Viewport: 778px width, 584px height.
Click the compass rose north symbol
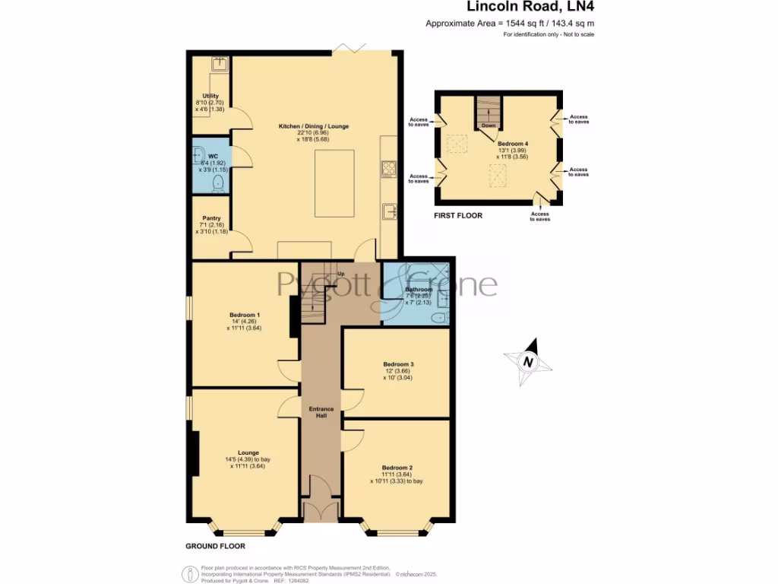pyautogui.click(x=526, y=361)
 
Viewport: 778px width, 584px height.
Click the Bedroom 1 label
pyautogui.click(x=245, y=315)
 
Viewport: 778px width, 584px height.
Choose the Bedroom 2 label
pyautogui.click(x=397, y=468)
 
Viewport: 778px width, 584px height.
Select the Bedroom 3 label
pyautogui.click(x=397, y=364)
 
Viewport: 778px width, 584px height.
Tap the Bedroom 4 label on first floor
pyautogui.click(x=512, y=143)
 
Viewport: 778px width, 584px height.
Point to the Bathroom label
pyautogui.click(x=419, y=290)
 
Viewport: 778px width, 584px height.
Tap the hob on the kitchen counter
pyautogui.click(x=388, y=168)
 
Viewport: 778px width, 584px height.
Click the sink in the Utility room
pyautogui.click(x=220, y=65)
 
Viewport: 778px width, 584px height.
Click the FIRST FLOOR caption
pyautogui.click(x=457, y=216)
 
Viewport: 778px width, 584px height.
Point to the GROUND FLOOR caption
pyautogui.click(x=215, y=546)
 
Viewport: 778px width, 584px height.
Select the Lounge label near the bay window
pyautogui.click(x=248, y=452)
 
